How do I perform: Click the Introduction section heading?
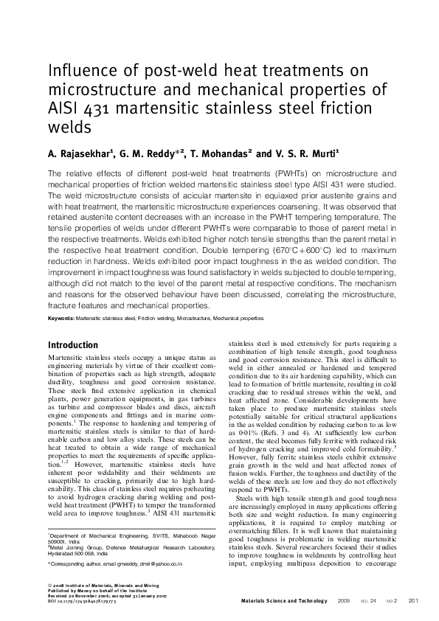(x=72, y=345)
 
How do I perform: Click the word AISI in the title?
(x=64, y=108)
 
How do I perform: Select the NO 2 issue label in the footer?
(x=390, y=600)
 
